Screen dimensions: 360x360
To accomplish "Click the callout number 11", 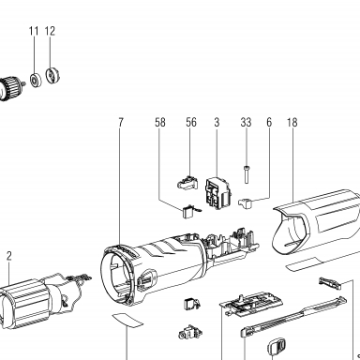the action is point(34,31).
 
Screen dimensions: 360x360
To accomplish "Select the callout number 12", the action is point(50,31).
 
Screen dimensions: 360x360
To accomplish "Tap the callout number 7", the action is point(121,122).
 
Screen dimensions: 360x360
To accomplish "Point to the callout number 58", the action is point(160,122).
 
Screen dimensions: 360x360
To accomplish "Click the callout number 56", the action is point(191,122).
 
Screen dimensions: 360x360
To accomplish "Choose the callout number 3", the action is point(217,122).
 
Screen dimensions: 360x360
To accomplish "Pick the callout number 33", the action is point(246,122).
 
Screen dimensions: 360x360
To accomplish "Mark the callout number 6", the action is point(269,122).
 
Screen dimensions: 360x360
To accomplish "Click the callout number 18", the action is point(292,122).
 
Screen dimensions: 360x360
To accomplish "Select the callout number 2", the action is point(8,256).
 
